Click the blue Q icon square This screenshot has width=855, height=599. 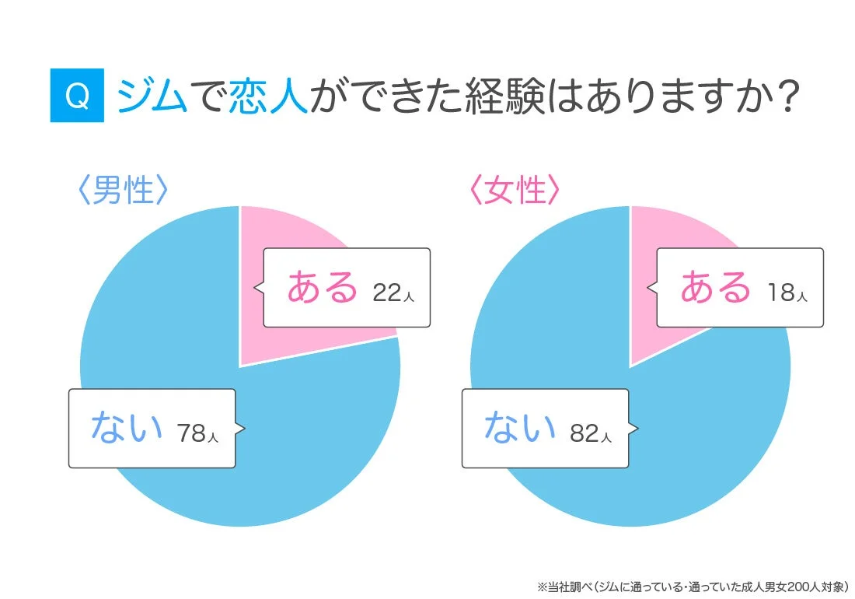[77, 96]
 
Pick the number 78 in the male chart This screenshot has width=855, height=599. [191, 433]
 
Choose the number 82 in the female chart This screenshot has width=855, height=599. [585, 433]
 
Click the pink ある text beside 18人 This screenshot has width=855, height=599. [716, 288]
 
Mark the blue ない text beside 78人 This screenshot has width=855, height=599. [127, 429]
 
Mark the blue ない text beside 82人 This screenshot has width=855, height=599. [520, 429]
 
